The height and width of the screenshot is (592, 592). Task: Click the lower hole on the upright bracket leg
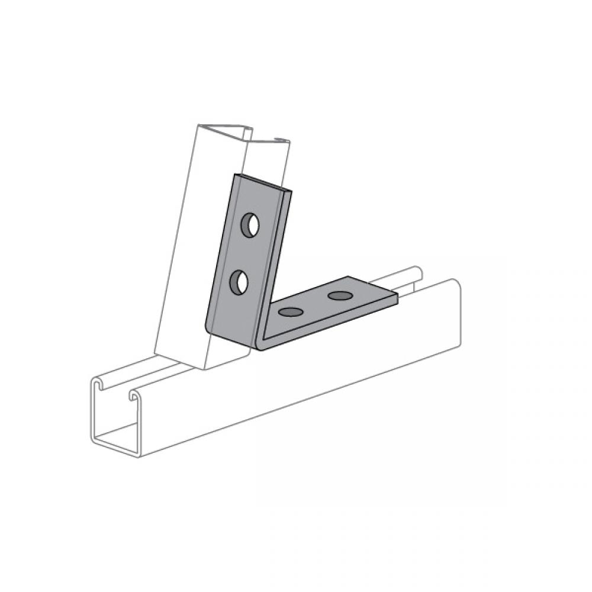(239, 281)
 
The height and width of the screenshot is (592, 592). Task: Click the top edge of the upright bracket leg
(263, 181)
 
